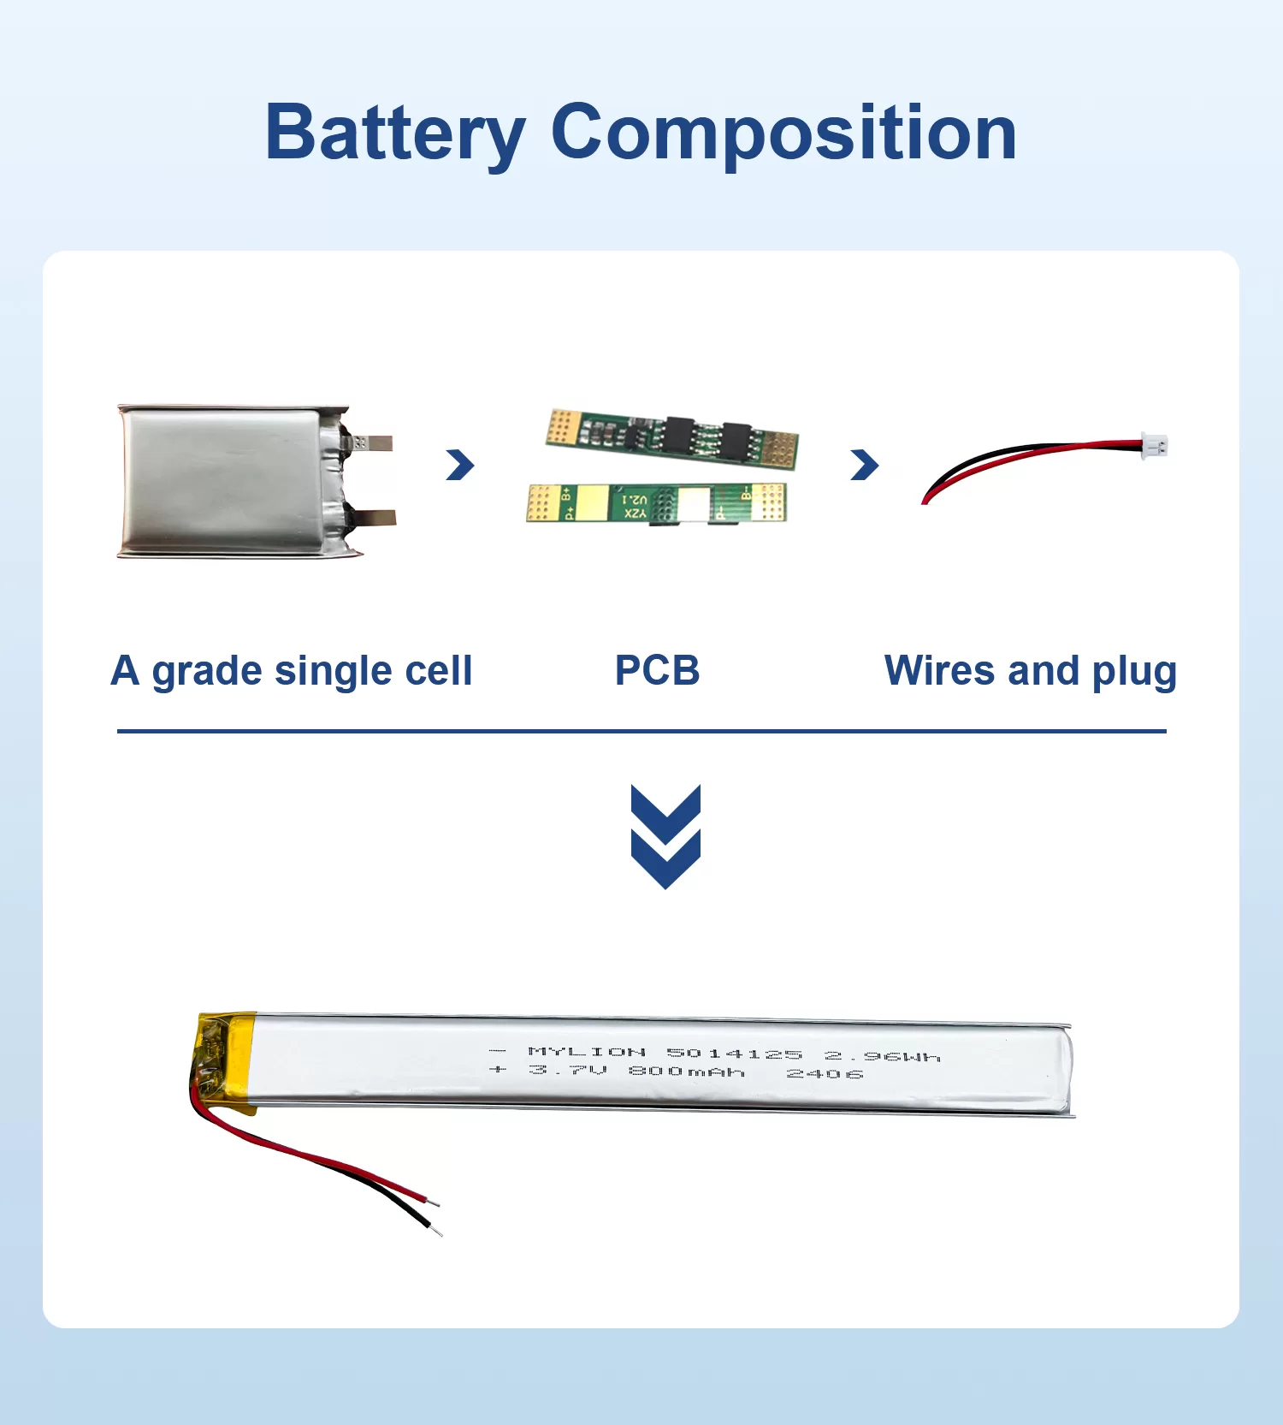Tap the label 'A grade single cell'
pos(291,670)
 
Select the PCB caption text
pos(657,670)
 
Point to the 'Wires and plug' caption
pos(1030,670)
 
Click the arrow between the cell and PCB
pos(460,465)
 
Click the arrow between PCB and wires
pos(865,465)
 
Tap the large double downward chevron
pos(665,836)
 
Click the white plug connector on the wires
pos(1155,446)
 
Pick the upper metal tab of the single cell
pos(373,442)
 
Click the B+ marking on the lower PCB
pos(566,495)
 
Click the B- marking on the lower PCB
pos(746,495)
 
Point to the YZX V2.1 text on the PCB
pos(635,506)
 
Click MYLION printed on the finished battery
pos(587,1051)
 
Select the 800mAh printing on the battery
pos(686,1072)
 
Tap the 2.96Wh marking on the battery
pos(882,1057)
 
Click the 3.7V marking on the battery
pos(567,1070)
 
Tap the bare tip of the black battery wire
pos(438,1233)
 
